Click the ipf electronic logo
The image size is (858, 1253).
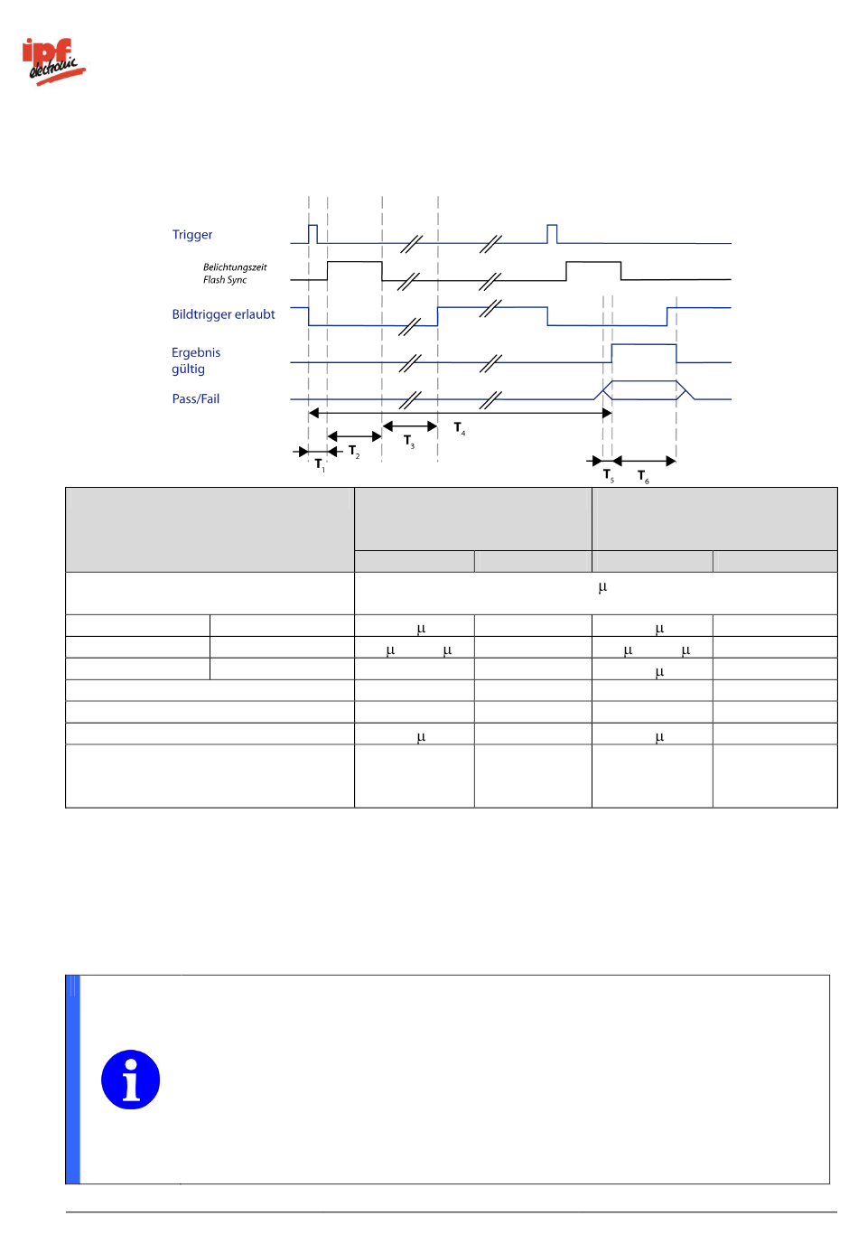(x=52, y=61)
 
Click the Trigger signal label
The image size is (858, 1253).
(x=192, y=235)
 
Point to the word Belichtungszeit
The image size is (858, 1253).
(x=235, y=267)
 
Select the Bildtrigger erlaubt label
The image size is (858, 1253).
(x=223, y=314)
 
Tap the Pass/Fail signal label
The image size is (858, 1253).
(x=196, y=399)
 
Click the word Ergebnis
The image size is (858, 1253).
(x=196, y=352)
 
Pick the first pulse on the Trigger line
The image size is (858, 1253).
(x=312, y=233)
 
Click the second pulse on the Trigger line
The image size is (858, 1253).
(x=552, y=233)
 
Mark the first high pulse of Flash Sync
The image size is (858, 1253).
(x=354, y=270)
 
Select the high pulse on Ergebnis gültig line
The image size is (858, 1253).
(x=644, y=352)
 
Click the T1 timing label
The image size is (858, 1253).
(x=320, y=464)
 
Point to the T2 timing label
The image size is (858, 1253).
(x=354, y=451)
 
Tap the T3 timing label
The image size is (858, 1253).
(x=409, y=441)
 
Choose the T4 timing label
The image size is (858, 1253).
(x=460, y=428)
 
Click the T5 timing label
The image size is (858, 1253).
(x=609, y=475)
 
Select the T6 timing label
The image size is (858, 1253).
(x=643, y=476)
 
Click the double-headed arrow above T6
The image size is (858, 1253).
(x=644, y=461)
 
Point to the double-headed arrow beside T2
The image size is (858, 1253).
(x=354, y=436)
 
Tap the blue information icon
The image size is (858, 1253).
(x=131, y=1080)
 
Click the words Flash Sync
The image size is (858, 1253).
(x=225, y=280)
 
